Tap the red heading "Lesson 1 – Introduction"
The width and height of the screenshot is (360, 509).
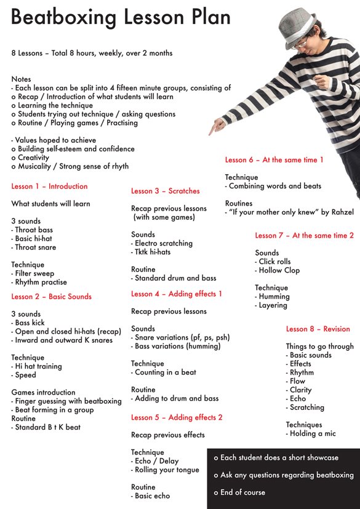tap(49, 186)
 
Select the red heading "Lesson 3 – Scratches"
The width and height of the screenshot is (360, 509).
tap(165, 191)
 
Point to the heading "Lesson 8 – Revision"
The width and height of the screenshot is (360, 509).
tap(318, 329)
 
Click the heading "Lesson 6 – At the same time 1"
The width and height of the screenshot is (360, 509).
tap(274, 160)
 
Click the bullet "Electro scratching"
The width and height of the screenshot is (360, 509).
tap(163, 244)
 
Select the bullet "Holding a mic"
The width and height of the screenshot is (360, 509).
tap(313, 434)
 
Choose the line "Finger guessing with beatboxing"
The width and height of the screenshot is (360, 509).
tap(68, 401)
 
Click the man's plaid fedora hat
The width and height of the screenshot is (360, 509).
tap(299, 25)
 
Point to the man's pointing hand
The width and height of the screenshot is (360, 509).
tap(217, 127)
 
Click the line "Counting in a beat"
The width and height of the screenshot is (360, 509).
tap(165, 372)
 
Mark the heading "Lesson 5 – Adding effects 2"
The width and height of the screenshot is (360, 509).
tap(177, 418)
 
